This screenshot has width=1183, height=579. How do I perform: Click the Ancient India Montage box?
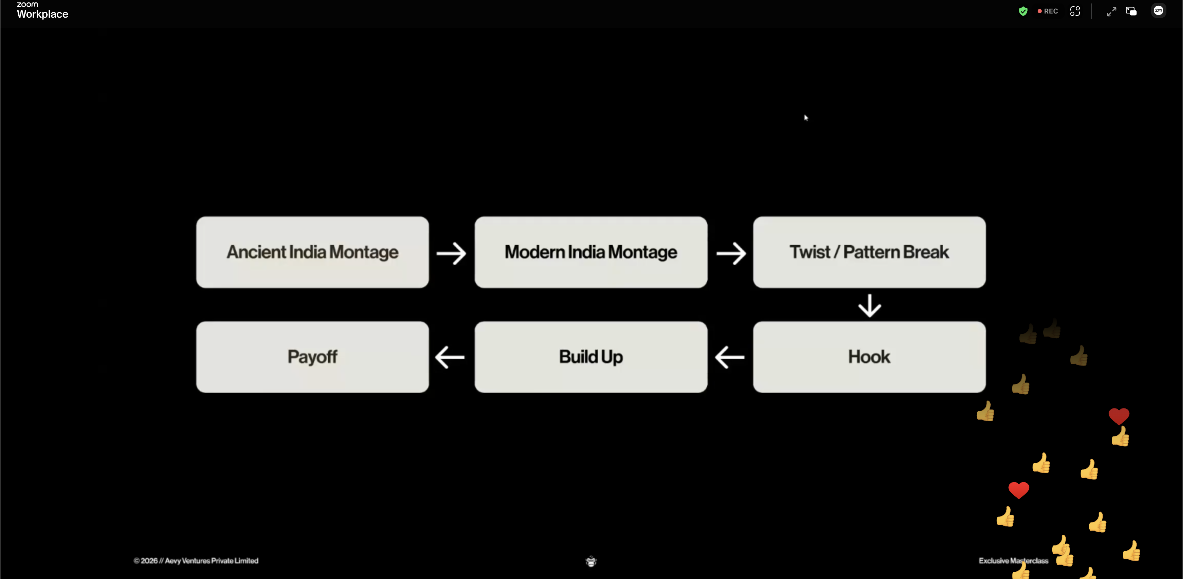[x=312, y=252]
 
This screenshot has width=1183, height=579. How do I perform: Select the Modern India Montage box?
[x=591, y=252]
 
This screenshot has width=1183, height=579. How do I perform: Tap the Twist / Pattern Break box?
[x=869, y=252]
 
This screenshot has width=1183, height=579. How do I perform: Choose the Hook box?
[x=869, y=357]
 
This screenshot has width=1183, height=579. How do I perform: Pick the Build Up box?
[x=591, y=357]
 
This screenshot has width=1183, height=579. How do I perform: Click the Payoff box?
[x=312, y=357]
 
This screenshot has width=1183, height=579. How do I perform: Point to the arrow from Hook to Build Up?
[x=730, y=357]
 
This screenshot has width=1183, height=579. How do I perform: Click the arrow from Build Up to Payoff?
[x=450, y=357]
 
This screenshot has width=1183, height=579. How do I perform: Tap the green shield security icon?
[x=1023, y=11]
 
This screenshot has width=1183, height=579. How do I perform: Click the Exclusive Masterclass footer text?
[x=1014, y=561]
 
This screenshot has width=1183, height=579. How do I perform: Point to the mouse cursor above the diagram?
[x=806, y=118]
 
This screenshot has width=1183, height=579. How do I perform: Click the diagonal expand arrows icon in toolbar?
[x=1111, y=11]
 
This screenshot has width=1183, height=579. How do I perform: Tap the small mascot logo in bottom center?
[x=591, y=561]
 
